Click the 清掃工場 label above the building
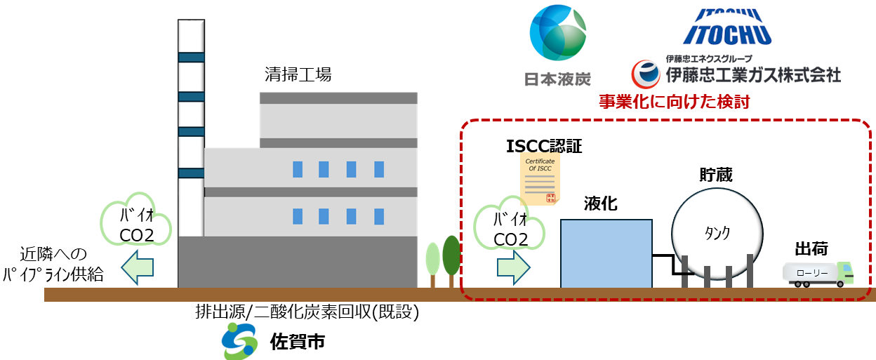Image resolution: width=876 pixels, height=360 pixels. click(x=298, y=73)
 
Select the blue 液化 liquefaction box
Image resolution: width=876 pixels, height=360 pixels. click(x=606, y=253)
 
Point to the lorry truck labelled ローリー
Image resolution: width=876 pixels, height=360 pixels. click(x=818, y=273)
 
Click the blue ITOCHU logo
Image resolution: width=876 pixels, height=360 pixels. click(x=726, y=27)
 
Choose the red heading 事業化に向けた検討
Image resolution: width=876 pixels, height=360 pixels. click(x=674, y=102)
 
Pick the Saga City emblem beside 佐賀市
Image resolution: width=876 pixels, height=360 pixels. click(x=241, y=341)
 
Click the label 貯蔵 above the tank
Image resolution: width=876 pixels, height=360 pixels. click(x=716, y=175)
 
